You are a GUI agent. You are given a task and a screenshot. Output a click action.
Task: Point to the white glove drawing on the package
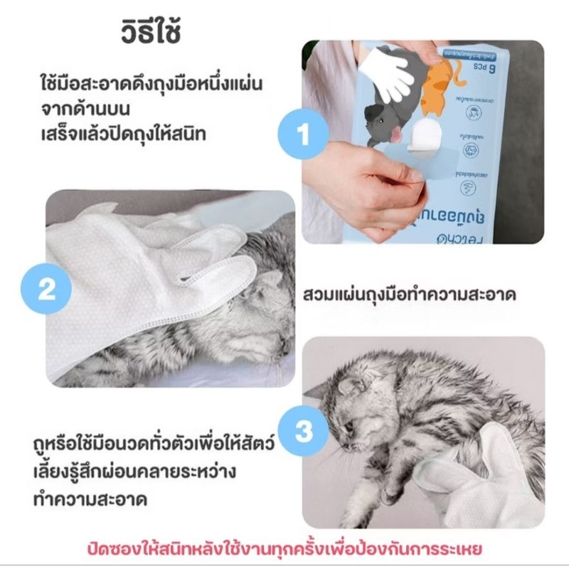[388, 68]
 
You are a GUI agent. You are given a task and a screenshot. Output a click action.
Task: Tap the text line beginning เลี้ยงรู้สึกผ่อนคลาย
[148, 472]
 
